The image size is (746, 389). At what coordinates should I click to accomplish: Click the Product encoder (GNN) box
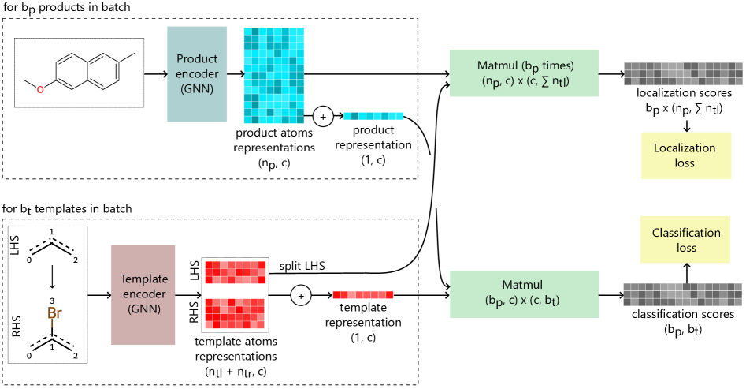[x=197, y=74]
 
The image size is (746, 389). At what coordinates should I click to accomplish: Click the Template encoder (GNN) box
[x=143, y=294]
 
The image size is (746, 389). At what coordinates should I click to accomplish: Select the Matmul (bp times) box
[x=524, y=73]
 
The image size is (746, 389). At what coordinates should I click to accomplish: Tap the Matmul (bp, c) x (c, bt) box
[x=524, y=294]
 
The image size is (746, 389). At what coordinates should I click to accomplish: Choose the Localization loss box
[x=685, y=155]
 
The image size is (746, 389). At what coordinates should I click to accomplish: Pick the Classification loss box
[x=685, y=240]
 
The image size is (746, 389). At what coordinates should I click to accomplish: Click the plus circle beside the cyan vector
[x=322, y=117]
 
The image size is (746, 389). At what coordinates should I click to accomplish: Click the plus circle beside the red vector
[x=300, y=295]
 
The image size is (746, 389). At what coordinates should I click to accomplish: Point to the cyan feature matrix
[x=274, y=76]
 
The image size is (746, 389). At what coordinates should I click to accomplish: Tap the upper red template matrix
[x=236, y=272]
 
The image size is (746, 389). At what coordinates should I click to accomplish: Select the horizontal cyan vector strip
[x=373, y=116]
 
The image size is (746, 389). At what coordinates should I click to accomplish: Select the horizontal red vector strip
[x=362, y=295]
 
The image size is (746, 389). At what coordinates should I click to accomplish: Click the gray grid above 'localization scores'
[x=682, y=73]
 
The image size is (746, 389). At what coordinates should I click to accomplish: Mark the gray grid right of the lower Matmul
[x=682, y=294]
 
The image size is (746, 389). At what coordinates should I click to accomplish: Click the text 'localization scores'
[x=684, y=93]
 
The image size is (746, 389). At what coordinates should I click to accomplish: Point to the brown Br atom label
[x=54, y=314]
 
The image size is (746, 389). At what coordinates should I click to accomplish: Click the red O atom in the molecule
[x=40, y=89]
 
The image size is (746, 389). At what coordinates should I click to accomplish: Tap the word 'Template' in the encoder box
[x=143, y=279]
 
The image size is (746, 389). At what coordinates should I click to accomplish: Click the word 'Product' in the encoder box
[x=197, y=59]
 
